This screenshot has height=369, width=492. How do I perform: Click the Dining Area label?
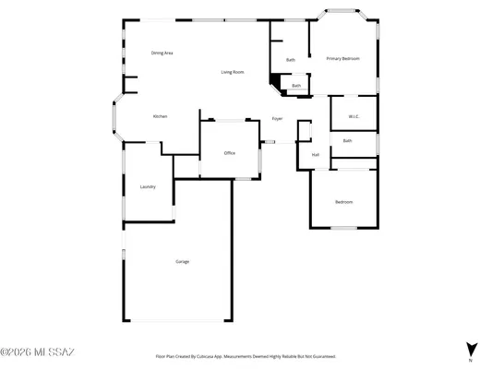click(x=162, y=53)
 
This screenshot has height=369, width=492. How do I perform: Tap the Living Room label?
click(x=232, y=72)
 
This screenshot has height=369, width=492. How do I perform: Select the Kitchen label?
click(x=160, y=116)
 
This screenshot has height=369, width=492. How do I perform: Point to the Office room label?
click(x=229, y=152)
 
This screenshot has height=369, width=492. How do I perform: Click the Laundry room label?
click(x=148, y=186)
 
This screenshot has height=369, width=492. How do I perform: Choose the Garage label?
click(x=183, y=262)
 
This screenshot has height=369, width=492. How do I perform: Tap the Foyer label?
click(x=277, y=119)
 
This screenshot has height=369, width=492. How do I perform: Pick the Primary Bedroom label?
click(x=342, y=59)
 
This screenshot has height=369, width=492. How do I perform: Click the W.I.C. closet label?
click(x=354, y=116)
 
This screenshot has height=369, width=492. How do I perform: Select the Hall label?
click(x=315, y=154)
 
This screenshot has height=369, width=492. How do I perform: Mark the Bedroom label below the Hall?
click(x=343, y=202)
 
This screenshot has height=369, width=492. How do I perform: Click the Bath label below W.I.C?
click(x=347, y=140)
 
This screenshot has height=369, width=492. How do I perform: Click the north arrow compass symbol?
click(x=472, y=350)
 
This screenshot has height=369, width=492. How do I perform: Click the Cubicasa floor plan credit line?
click(x=245, y=355)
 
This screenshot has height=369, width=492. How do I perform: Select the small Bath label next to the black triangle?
click(x=296, y=86)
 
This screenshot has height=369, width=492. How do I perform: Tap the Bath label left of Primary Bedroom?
click(x=291, y=60)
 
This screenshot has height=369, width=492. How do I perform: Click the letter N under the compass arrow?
click(x=472, y=361)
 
